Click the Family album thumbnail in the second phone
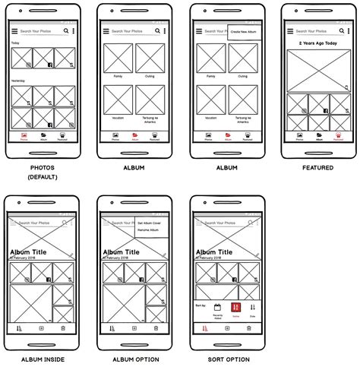[118, 59]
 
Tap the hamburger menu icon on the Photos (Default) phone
[14, 31]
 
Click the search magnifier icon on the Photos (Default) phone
[66, 31]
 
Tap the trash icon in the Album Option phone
[155, 327]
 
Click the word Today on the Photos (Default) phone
[16, 43]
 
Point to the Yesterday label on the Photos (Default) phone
[18, 81]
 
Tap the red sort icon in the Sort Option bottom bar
[204, 327]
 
